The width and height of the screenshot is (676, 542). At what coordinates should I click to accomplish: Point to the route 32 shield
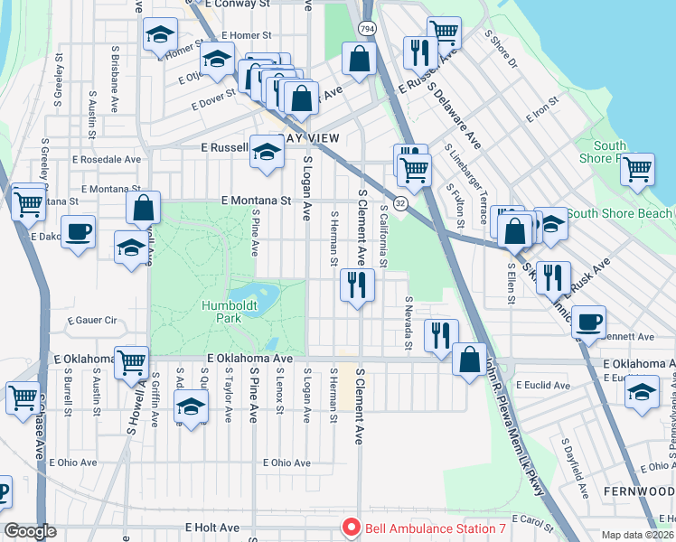pyautogui.click(x=399, y=204)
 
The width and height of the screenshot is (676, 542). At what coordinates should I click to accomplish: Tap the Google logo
pyautogui.click(x=29, y=531)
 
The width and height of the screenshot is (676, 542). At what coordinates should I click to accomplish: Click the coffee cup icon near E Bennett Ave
pyautogui.click(x=588, y=322)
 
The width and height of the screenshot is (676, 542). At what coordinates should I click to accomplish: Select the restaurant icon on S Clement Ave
pyautogui.click(x=357, y=286)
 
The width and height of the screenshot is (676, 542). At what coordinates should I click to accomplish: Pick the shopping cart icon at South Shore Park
pyautogui.click(x=638, y=169)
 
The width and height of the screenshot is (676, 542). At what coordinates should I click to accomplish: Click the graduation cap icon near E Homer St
pyautogui.click(x=160, y=36)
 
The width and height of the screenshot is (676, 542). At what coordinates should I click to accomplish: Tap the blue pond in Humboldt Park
pyautogui.click(x=255, y=294)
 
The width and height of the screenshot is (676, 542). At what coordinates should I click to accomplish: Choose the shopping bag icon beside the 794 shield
pyautogui.click(x=359, y=60)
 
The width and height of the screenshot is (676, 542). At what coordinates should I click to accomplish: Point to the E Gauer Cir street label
pyautogui.click(x=93, y=321)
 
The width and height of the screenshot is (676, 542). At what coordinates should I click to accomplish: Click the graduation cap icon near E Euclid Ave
pyautogui.click(x=642, y=393)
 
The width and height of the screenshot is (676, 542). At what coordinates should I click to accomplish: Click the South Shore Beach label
pyautogui.click(x=618, y=214)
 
